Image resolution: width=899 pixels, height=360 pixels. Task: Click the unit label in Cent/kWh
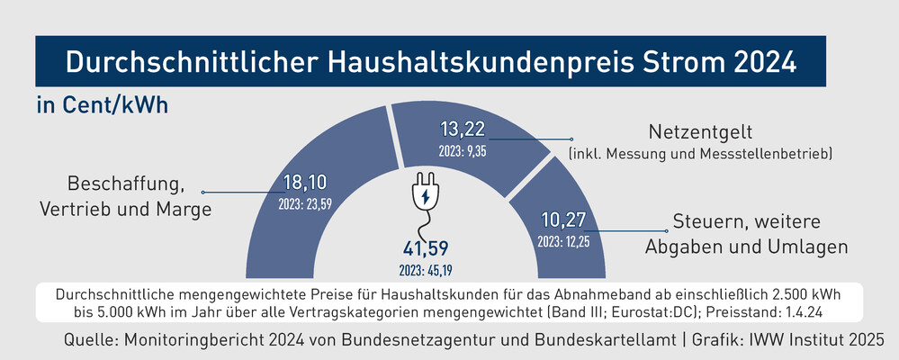pos(103,104)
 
